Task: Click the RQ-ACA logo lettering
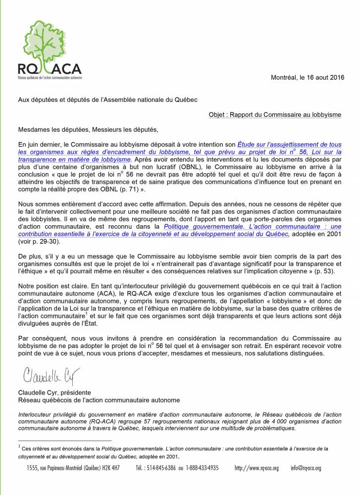(x=50, y=69)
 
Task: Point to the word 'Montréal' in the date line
(x=283, y=78)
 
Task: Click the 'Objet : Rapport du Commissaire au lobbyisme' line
(x=275, y=114)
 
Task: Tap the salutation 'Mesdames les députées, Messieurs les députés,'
(x=89, y=130)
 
